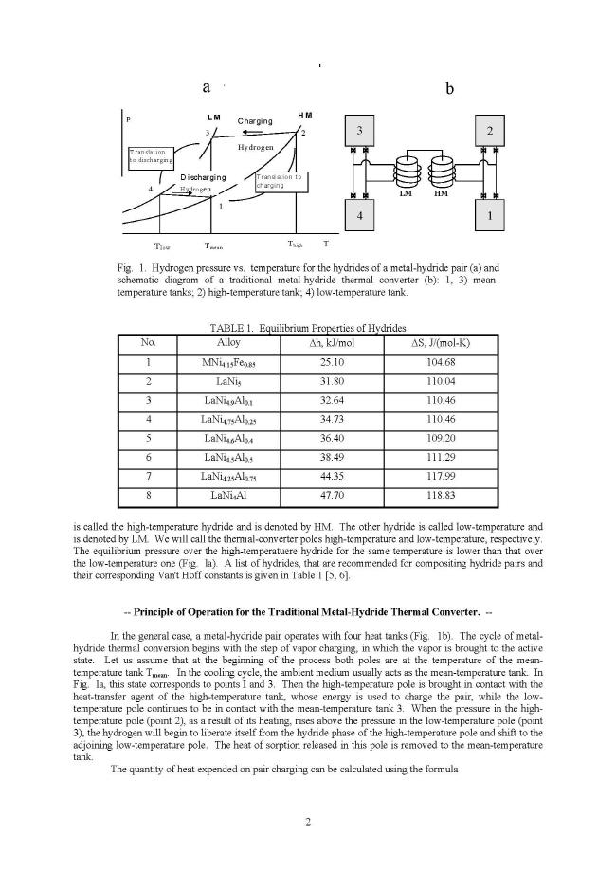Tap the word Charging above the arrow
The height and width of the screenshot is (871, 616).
click(255, 121)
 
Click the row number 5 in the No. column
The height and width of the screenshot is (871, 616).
click(148, 437)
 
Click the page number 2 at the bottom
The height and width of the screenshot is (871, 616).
click(308, 820)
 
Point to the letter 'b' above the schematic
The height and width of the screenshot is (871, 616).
click(450, 87)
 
